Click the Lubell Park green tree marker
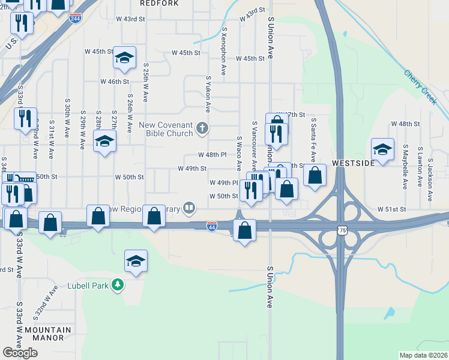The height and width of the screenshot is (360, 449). (119, 284)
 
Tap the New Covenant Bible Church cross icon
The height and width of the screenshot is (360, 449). (203, 127)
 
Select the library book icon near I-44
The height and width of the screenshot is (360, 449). (190, 208)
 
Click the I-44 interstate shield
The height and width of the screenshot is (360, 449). (211, 226)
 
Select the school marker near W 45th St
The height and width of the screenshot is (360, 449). (125, 58)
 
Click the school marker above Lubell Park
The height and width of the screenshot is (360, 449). (136, 261)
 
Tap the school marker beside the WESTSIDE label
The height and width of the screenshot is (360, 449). (382, 148)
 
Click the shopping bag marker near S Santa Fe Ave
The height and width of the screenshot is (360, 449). (315, 175)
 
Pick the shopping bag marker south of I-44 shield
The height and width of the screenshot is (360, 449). (244, 230)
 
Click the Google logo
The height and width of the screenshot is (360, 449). (20, 353)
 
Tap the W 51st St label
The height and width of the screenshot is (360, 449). (392, 209)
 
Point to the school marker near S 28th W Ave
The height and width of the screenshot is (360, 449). (105, 142)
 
